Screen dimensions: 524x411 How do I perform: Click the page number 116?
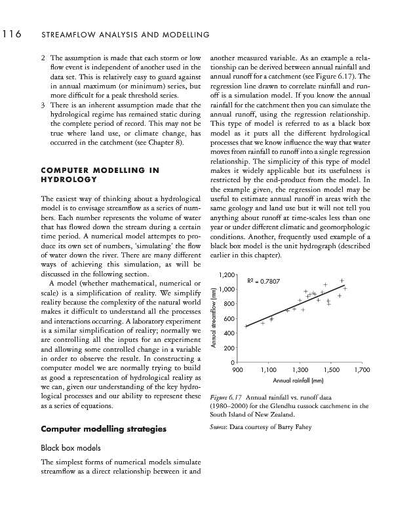[12, 33]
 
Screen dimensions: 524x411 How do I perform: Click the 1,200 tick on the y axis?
[228, 274]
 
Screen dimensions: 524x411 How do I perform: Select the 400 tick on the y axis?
[230, 333]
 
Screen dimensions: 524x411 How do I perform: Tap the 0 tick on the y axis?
[233, 363]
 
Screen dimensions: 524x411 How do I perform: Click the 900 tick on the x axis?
[238, 371]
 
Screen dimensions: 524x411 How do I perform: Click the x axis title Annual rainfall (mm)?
[299, 381]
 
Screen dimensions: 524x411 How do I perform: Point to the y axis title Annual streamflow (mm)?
[214, 318]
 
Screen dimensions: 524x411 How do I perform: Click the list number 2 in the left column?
[43, 58]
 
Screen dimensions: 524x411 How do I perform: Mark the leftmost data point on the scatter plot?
[246, 326]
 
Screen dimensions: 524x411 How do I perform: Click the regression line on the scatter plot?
[295, 305]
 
